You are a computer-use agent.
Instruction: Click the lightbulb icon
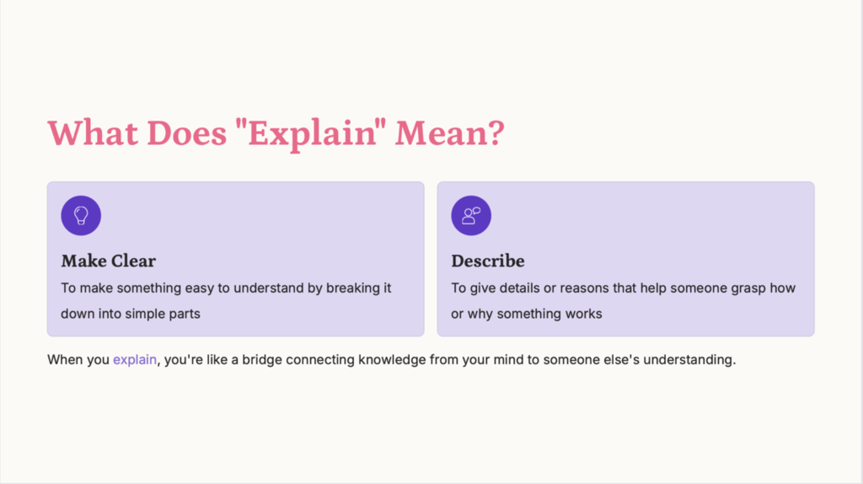(81, 215)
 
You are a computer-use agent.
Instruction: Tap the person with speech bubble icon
(471, 215)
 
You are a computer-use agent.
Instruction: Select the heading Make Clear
(109, 261)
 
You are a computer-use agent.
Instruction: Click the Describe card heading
(488, 261)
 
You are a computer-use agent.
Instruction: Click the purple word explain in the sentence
(135, 359)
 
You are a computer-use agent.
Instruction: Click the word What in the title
(93, 133)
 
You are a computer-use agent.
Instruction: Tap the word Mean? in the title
(450, 133)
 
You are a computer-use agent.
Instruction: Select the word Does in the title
(186, 133)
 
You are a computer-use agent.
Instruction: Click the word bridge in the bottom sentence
(262, 359)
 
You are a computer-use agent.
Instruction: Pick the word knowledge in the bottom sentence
(392, 359)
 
